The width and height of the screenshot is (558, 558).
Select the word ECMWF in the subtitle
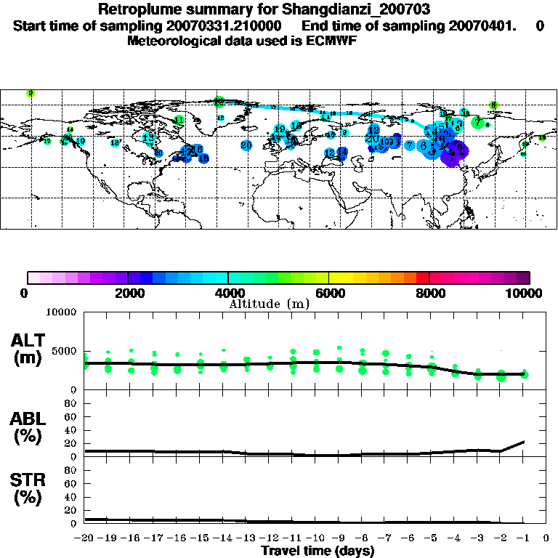[333, 41]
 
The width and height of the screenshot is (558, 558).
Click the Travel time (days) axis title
[318, 551]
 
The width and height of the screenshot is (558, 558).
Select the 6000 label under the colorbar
[329, 293]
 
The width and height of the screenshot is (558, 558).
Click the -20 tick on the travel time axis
[85, 538]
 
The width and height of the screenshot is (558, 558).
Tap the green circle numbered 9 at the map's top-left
[31, 93]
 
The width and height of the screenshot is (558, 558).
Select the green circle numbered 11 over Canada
[179, 119]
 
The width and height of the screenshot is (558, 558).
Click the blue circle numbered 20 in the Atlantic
[247, 145]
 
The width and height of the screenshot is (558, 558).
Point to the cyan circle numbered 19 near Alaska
[81, 142]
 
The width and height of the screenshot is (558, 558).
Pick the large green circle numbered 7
[477, 123]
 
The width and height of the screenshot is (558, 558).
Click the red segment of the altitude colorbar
[423, 277]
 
